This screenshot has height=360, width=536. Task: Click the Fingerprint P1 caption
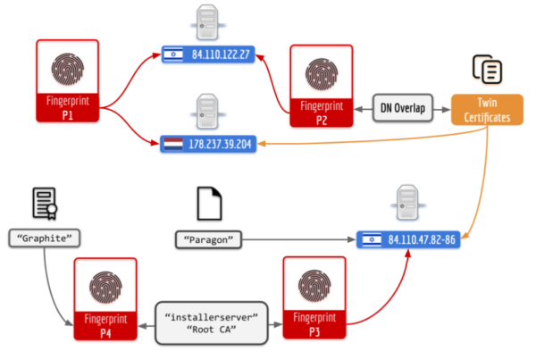coord(68,108)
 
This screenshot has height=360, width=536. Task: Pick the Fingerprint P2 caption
coord(322,113)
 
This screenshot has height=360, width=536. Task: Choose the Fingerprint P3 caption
coord(314,324)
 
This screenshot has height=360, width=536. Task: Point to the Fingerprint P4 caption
coord(105,325)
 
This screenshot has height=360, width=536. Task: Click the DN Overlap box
coord(403,108)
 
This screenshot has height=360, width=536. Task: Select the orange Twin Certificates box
coord(487,110)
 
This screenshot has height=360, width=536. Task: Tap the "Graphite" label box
coord(45,238)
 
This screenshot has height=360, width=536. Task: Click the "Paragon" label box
coord(208,239)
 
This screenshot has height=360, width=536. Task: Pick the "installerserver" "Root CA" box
coord(211,323)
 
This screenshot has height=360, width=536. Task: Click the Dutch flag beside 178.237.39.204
coord(173,145)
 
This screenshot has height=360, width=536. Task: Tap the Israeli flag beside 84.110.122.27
coord(173,54)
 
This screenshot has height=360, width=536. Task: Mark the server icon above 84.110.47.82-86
coord(408,203)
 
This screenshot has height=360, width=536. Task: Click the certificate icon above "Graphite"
coord(45,204)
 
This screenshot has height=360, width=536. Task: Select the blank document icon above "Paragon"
coord(210,204)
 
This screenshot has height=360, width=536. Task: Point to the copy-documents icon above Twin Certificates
coord(488,70)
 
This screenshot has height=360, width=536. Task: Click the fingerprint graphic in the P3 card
coord(314,286)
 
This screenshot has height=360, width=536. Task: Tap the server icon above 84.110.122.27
coord(207,22)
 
